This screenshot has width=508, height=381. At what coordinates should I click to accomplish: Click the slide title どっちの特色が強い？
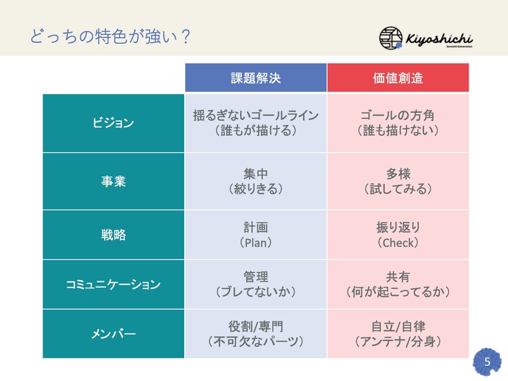click(x=110, y=36)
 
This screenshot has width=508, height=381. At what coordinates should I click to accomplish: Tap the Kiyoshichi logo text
click(x=439, y=39)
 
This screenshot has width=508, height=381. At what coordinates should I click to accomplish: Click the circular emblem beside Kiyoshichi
click(x=391, y=38)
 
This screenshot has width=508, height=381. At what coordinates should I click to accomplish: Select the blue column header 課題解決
click(x=256, y=77)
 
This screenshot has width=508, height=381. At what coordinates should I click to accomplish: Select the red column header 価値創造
click(x=398, y=77)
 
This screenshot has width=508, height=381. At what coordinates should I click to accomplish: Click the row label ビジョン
click(x=113, y=123)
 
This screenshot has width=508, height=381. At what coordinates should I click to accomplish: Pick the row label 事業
click(x=113, y=181)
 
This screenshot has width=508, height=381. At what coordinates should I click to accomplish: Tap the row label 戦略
click(x=113, y=234)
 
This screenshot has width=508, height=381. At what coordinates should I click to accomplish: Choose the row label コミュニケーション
click(x=113, y=284)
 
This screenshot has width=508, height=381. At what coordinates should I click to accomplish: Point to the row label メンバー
click(x=113, y=334)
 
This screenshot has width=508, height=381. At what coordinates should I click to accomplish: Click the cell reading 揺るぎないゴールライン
click(x=256, y=116)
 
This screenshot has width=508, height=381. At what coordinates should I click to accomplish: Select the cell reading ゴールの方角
click(x=398, y=116)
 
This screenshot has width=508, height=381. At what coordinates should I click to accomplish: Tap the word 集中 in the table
click(x=256, y=173)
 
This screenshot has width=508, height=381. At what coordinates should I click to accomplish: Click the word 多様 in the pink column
click(x=398, y=173)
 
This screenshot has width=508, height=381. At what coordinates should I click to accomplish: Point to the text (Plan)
click(x=256, y=243)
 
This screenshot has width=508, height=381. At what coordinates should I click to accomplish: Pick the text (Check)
click(x=398, y=243)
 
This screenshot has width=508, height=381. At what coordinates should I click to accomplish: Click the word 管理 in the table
click(x=256, y=277)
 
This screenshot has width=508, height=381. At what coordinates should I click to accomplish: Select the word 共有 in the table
click(x=398, y=277)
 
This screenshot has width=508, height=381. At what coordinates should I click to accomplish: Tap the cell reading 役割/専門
click(x=256, y=326)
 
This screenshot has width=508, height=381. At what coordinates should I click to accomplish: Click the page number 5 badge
click(x=487, y=361)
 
